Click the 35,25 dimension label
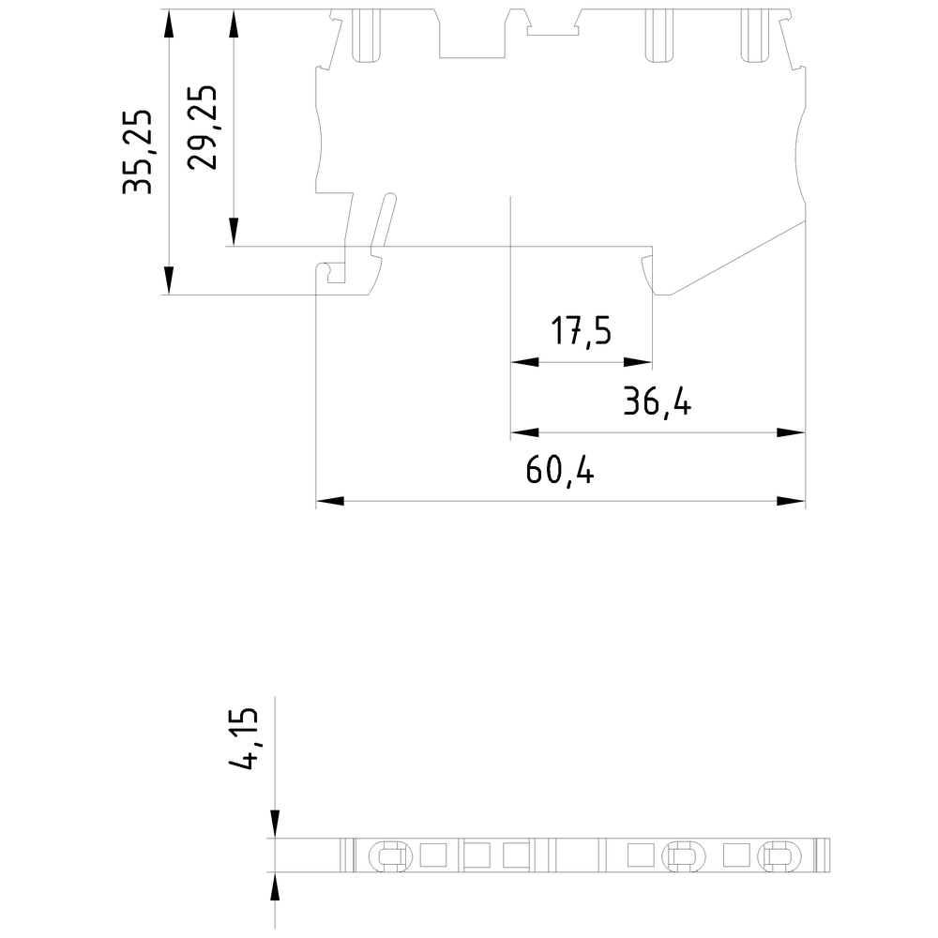(138, 152)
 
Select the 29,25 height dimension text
(203, 128)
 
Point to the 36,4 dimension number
(658, 403)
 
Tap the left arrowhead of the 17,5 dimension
(522, 362)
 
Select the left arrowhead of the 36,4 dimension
(522, 432)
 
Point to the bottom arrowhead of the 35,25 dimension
(168, 281)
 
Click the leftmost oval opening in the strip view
(389, 855)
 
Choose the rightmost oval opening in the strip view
(777, 855)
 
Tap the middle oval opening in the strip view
(681, 855)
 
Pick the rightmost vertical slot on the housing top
(754, 35)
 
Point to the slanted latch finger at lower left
(382, 223)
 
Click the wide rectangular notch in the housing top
(475, 38)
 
